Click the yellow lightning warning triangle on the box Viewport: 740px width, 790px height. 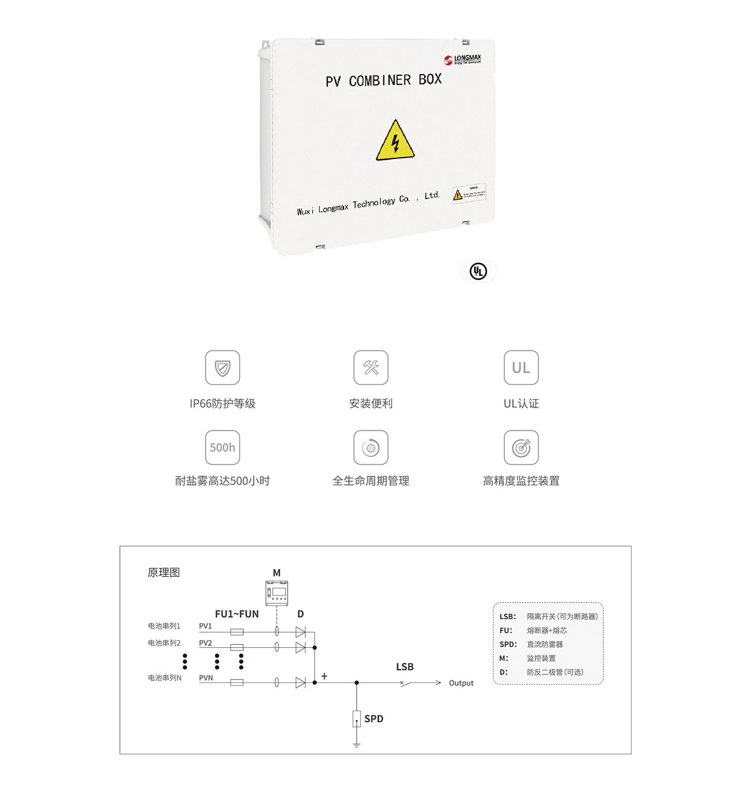[395, 142]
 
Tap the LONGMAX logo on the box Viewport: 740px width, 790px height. [462, 60]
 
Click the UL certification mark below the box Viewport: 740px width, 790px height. [478, 271]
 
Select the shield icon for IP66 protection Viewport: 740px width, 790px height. [222, 368]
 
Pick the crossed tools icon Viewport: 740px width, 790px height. [371, 368]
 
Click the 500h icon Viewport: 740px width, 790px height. [222, 448]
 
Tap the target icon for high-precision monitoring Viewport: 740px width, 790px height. [521, 448]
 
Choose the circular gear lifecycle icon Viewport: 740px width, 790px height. [371, 448]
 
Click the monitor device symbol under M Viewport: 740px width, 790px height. [277, 593]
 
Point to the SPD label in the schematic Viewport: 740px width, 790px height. [373, 719]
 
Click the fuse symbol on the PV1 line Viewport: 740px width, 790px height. [237, 632]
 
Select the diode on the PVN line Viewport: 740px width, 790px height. [300, 682]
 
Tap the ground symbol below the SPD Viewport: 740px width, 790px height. [357, 745]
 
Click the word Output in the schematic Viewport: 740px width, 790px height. [461, 683]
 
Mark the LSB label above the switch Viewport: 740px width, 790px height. [405, 667]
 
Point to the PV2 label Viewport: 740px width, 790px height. [205, 643]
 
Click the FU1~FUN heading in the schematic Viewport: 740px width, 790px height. [237, 614]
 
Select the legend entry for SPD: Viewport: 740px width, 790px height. [508, 644]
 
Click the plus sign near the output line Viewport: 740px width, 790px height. [324, 676]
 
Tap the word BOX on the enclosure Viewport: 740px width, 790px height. [430, 79]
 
